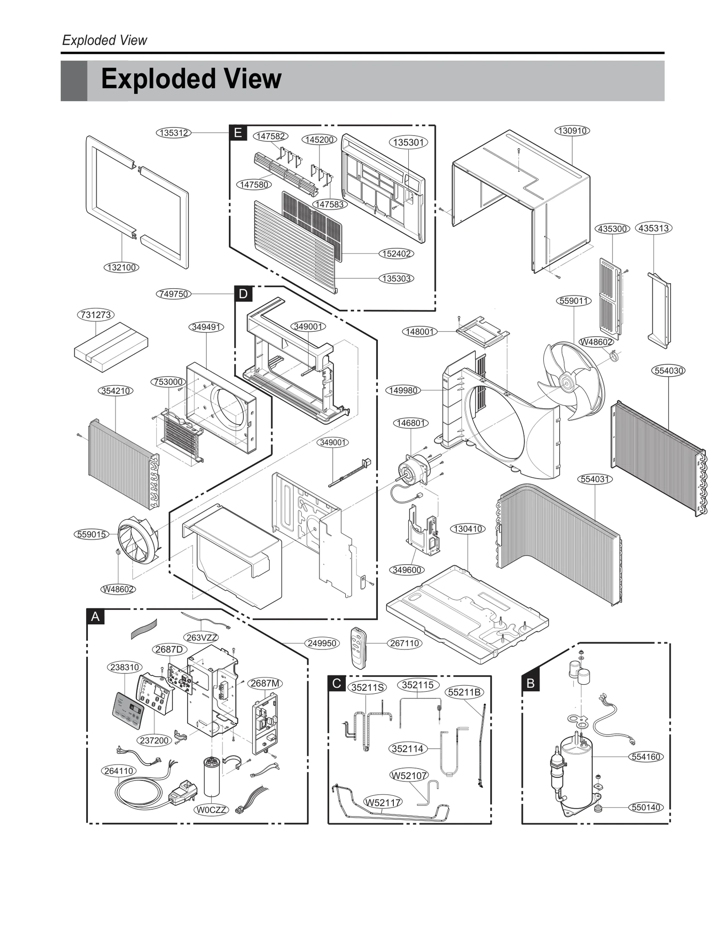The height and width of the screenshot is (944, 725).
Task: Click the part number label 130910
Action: click(x=572, y=131)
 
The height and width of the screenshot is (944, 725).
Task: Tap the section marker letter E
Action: click(x=238, y=133)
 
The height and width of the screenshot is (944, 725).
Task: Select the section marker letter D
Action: click(x=243, y=294)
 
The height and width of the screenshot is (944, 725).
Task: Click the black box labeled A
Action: click(x=95, y=617)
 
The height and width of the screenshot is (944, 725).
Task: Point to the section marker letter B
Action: click(x=531, y=683)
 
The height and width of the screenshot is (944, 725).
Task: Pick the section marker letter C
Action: click(x=337, y=683)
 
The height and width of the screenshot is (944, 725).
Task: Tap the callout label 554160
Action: click(x=646, y=757)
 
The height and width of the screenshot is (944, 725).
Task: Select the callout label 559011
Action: click(x=573, y=301)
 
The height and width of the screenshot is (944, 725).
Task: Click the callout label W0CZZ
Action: click(x=212, y=809)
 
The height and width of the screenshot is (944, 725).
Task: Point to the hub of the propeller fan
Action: click(x=565, y=382)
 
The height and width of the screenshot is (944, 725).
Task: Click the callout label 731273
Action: click(x=96, y=315)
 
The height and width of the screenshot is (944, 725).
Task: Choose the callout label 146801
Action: click(x=411, y=423)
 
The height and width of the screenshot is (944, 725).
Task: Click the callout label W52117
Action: click(x=383, y=803)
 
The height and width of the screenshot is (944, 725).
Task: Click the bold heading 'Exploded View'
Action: click(x=191, y=79)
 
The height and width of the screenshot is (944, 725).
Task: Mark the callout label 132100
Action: click(x=121, y=267)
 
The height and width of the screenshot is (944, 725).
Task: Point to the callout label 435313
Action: click(x=653, y=228)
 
